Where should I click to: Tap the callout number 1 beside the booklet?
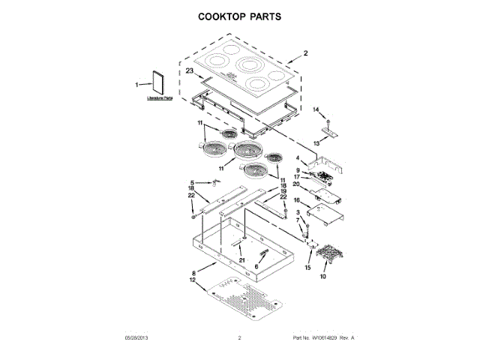(x=137, y=85)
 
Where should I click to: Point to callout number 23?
(x=190, y=70)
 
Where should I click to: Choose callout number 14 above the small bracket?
(x=316, y=110)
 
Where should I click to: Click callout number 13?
(x=316, y=141)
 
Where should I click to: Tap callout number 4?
(x=298, y=158)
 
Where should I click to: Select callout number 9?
(x=298, y=170)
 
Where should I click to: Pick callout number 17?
(x=298, y=177)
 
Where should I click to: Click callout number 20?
(x=296, y=184)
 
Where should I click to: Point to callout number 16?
(x=297, y=201)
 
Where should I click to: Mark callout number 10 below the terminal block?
(x=323, y=277)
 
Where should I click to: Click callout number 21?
(x=242, y=259)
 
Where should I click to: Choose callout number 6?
(x=256, y=266)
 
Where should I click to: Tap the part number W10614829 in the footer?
(x=320, y=338)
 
